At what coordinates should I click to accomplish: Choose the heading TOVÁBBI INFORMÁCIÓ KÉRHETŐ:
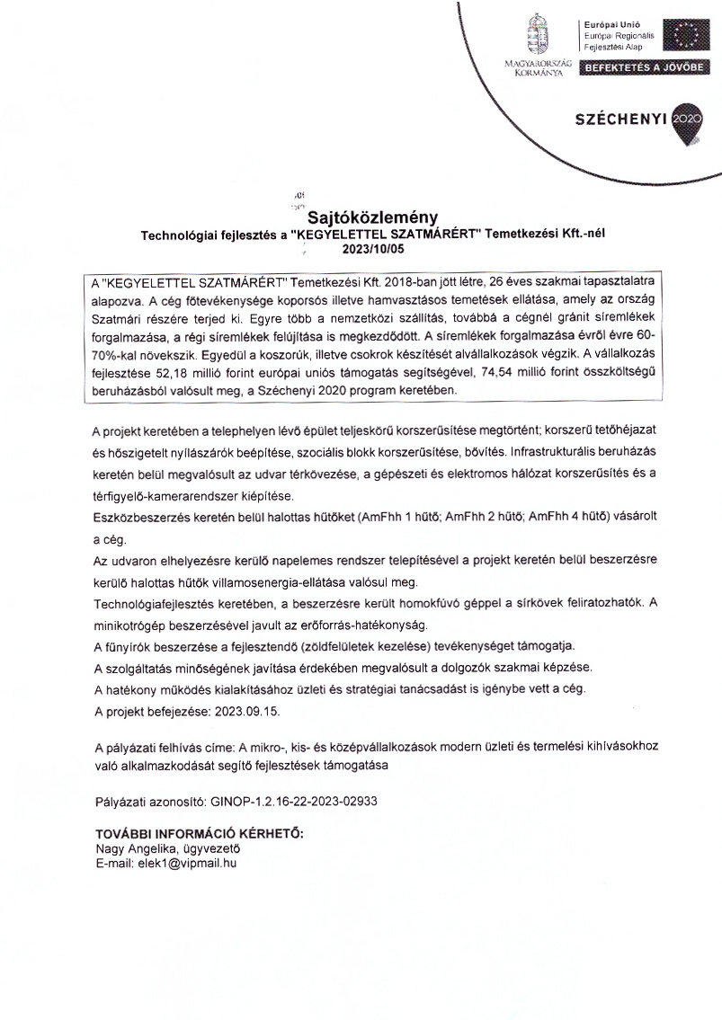(199, 833)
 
